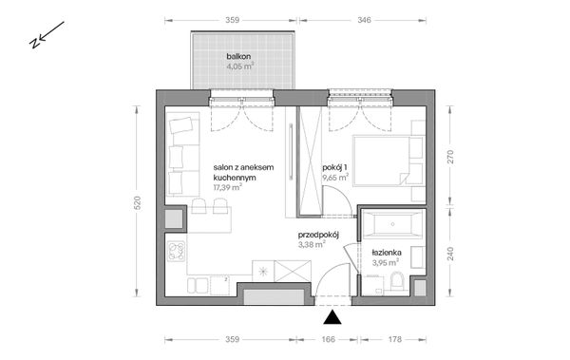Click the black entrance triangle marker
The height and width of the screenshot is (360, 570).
point(332,317)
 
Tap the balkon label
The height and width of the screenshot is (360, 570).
point(238,56)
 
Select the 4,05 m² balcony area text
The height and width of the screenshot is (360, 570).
point(240,66)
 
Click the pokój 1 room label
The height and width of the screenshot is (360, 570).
point(334,167)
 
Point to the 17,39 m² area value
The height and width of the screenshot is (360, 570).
point(228,187)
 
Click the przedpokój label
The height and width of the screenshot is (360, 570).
point(318,235)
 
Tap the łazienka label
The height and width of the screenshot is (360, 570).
point(387,253)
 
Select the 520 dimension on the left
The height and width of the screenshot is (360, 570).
point(137,203)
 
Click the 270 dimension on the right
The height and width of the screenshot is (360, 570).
point(450,157)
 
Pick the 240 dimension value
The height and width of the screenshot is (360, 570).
point(450,254)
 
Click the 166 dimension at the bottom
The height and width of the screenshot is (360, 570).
point(328,339)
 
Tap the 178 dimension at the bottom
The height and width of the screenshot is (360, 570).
point(394,339)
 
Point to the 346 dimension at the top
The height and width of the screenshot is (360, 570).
point(364,20)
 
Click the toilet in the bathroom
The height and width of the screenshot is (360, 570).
point(396,281)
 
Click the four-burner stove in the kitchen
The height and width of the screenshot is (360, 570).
point(176,252)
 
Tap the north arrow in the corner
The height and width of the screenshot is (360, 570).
point(47,35)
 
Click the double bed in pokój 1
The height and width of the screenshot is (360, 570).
point(389,161)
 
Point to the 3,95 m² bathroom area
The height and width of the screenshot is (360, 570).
point(386,262)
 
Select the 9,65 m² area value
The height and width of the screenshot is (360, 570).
point(335,178)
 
